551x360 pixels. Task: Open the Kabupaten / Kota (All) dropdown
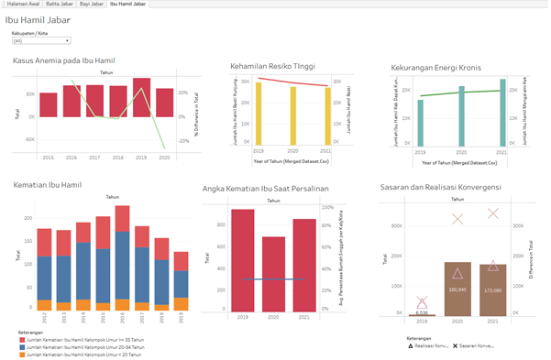(x=41, y=41)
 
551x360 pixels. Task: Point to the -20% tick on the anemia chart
(x=183, y=141)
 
